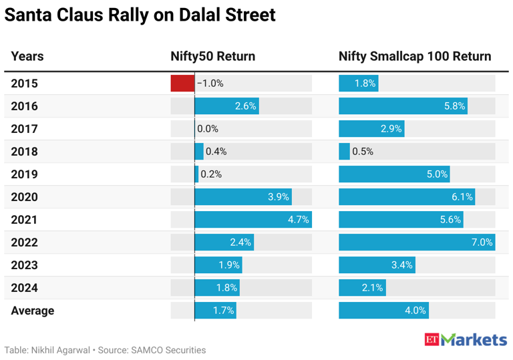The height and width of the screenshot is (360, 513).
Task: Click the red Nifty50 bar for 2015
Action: coord(182,83)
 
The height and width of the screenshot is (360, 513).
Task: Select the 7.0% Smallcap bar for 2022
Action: coord(417,242)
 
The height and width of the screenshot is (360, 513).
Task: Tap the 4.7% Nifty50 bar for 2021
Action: coord(253,220)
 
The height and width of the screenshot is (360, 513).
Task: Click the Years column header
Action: coord(27,56)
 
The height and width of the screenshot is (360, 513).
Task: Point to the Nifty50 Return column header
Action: coord(212,56)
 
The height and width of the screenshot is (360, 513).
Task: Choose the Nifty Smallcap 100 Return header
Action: coord(415,56)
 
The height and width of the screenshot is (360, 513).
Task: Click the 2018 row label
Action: coord(25,152)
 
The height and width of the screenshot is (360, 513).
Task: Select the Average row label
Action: coord(33,311)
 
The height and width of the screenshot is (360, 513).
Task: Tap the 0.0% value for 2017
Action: coord(208,129)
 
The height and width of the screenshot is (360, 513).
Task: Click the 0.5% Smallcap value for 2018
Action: coord(363,152)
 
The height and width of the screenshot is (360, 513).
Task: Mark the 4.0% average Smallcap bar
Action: coord(383,311)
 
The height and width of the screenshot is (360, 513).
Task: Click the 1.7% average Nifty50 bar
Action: coord(215,311)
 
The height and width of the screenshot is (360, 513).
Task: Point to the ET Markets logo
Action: coord(466,339)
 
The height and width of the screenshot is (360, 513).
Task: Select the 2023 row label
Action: coord(25,265)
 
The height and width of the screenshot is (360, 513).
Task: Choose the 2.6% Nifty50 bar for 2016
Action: coord(226,106)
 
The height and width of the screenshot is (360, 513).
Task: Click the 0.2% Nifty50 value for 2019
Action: coord(210,174)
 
